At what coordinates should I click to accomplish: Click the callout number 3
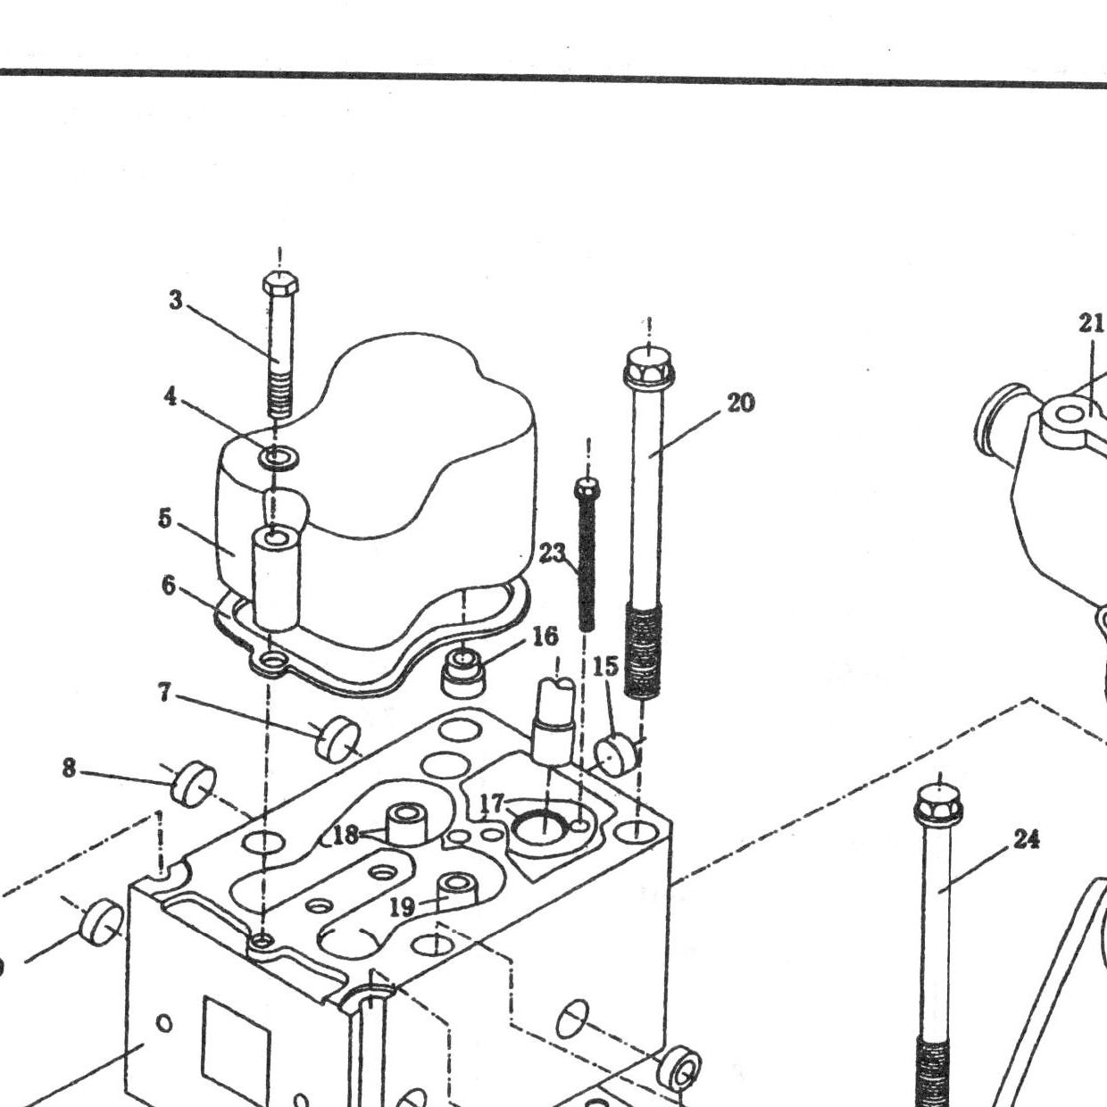(x=175, y=300)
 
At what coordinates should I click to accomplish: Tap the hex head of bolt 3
(x=279, y=283)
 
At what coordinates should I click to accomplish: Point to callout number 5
(x=165, y=518)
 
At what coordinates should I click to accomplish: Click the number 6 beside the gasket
(x=169, y=586)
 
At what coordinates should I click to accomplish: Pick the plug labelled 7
(x=339, y=737)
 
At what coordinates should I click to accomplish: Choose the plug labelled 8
(x=194, y=784)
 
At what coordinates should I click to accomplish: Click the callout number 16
(x=545, y=636)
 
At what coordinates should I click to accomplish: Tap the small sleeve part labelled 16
(x=462, y=670)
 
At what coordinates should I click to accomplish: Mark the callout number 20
(x=741, y=404)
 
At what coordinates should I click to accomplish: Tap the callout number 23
(x=553, y=553)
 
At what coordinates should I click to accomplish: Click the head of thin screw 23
(x=587, y=488)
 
